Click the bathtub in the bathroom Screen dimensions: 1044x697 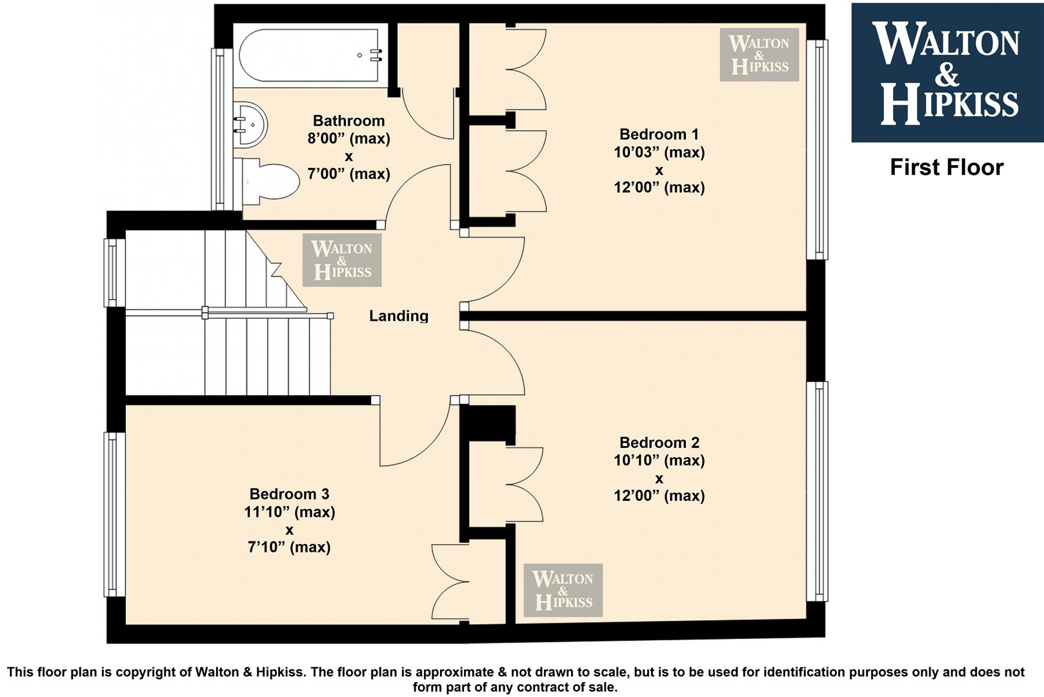310,56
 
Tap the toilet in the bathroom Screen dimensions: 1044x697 266,181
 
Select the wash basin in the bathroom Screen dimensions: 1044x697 250,125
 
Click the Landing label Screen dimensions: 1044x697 399,316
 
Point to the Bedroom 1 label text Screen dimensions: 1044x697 659,134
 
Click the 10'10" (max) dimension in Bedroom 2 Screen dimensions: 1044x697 659,460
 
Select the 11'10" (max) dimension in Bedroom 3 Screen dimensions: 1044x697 290,512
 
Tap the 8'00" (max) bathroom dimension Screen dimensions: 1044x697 348,139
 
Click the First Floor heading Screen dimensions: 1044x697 947,167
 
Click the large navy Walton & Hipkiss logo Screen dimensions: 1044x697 947,73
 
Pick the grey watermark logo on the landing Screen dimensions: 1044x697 342,259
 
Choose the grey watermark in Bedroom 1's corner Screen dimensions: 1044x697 759,55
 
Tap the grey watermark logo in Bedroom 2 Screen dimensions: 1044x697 563,590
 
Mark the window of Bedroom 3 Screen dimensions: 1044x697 114,515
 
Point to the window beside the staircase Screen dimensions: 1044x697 114,273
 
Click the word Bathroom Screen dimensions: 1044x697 348,121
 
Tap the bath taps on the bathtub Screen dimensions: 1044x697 376,56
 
